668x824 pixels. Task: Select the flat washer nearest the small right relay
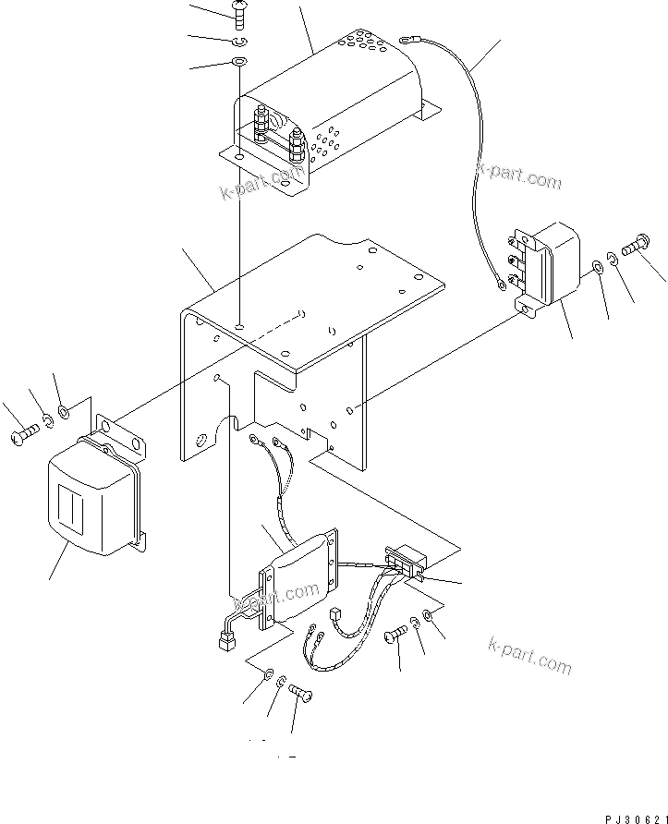point(597,267)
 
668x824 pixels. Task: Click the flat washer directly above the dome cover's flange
point(238,62)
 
